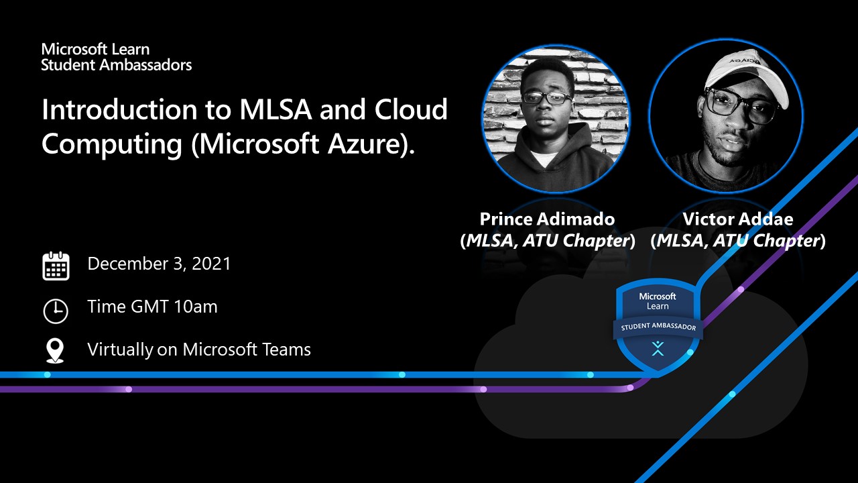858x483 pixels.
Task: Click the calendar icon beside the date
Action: tap(56, 266)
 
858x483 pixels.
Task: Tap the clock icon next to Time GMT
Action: tap(56, 311)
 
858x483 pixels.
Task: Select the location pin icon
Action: tap(55, 350)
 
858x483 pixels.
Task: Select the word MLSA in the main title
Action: tap(275, 109)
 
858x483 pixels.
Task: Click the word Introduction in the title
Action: tap(119, 109)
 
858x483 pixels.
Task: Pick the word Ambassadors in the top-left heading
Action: tap(145, 65)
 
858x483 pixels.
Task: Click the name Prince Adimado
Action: tap(547, 219)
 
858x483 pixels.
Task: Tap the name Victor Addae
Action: tap(738, 219)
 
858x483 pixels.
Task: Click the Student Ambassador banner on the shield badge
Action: tap(658, 327)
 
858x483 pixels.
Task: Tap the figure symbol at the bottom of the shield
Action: tap(658, 348)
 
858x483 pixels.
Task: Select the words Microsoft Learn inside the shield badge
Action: tap(658, 301)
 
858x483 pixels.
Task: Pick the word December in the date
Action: tap(128, 264)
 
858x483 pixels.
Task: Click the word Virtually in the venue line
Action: tap(120, 350)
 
